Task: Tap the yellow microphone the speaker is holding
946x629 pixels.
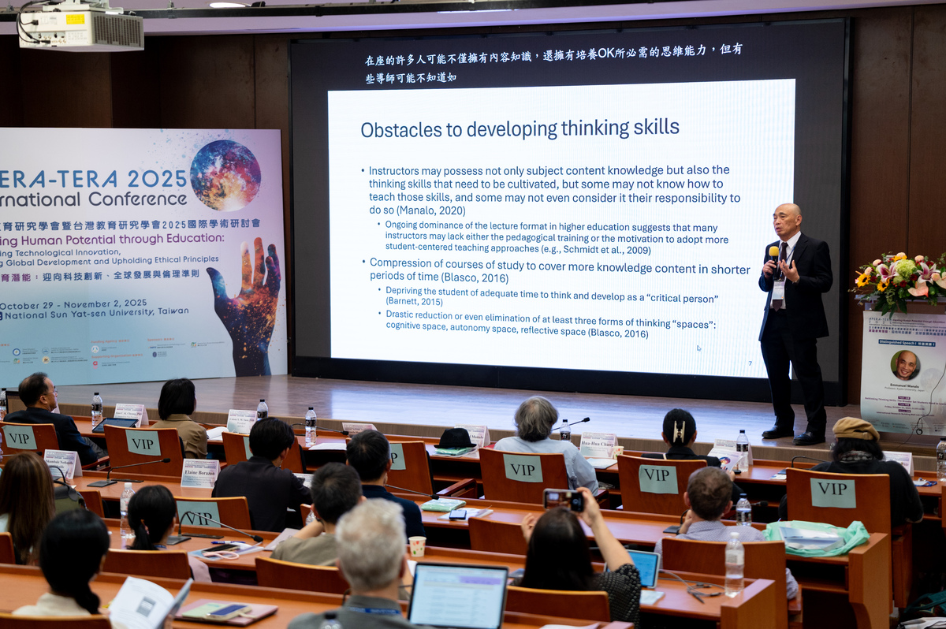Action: point(773,254)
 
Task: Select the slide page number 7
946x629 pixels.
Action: point(750,363)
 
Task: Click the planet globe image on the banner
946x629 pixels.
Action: point(225,175)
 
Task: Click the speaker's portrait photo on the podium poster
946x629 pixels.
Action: point(905,365)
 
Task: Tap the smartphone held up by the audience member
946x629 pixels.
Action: point(563,500)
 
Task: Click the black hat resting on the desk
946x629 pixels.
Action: point(456,438)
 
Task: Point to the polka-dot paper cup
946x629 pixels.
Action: point(417,545)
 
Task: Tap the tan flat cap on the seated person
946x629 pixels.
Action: point(855,429)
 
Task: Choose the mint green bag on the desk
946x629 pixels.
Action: point(815,538)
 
